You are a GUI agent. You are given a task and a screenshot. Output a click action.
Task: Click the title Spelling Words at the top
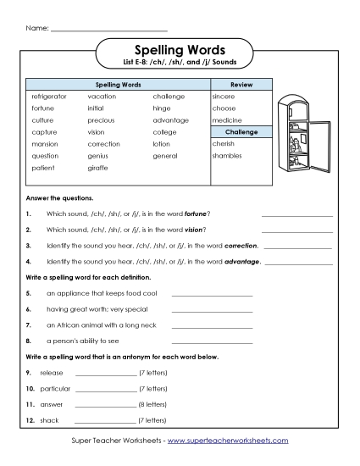click(179, 50)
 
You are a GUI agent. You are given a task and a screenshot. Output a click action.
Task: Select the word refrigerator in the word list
click(49, 97)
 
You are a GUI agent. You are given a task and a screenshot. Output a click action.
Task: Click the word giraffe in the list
click(97, 168)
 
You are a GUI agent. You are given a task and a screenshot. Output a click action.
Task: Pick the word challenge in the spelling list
click(169, 97)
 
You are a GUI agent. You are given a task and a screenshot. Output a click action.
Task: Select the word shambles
click(227, 156)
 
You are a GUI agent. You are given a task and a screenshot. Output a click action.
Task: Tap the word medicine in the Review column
click(227, 120)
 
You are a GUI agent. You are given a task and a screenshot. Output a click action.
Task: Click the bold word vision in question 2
click(194, 230)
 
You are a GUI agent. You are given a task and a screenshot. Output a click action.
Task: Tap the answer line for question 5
click(212, 296)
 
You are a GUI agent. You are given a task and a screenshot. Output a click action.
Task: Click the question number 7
click(29, 325)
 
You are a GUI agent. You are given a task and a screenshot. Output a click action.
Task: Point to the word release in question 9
click(52, 373)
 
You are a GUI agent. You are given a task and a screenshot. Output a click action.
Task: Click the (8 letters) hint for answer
click(153, 404)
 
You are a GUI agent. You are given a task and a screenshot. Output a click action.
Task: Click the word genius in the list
click(98, 156)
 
